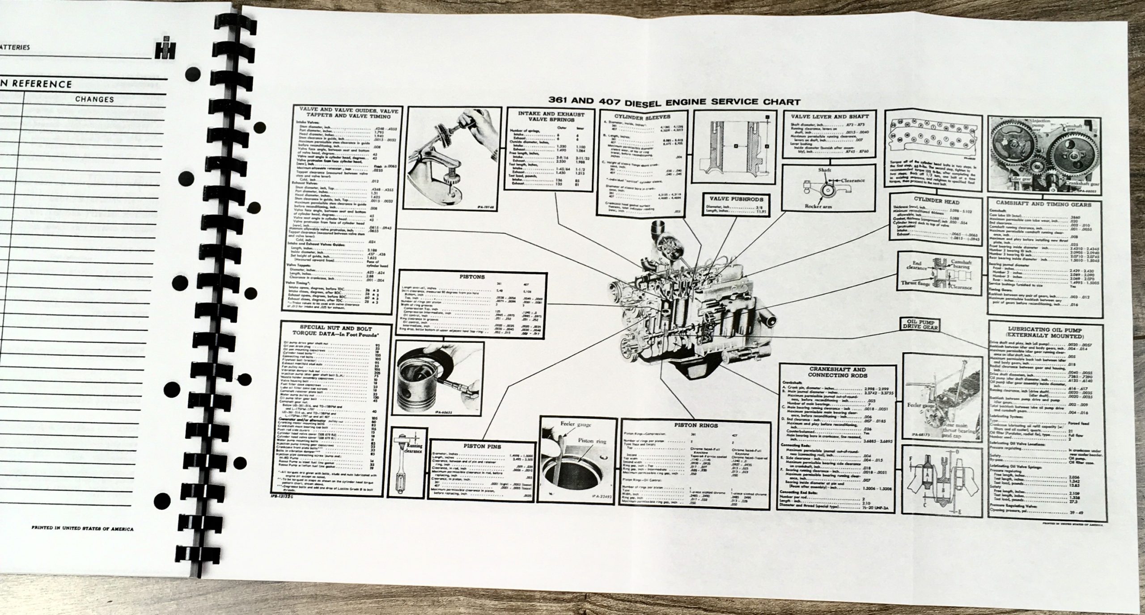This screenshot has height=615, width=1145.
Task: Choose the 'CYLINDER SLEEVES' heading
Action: (x=642, y=118)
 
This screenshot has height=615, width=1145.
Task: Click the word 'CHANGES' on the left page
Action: (x=94, y=99)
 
